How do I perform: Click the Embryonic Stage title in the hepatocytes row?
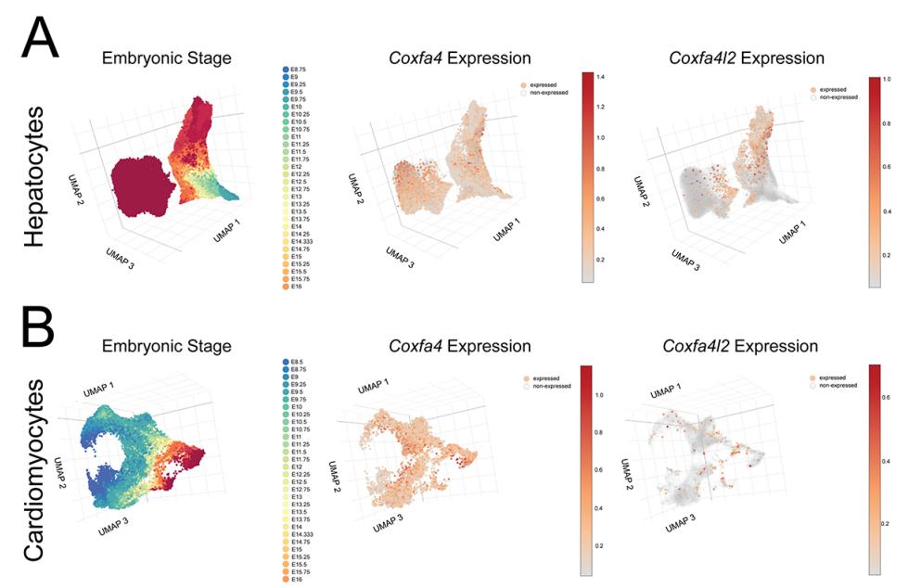click(167, 58)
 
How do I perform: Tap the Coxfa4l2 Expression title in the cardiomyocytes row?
click(741, 346)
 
